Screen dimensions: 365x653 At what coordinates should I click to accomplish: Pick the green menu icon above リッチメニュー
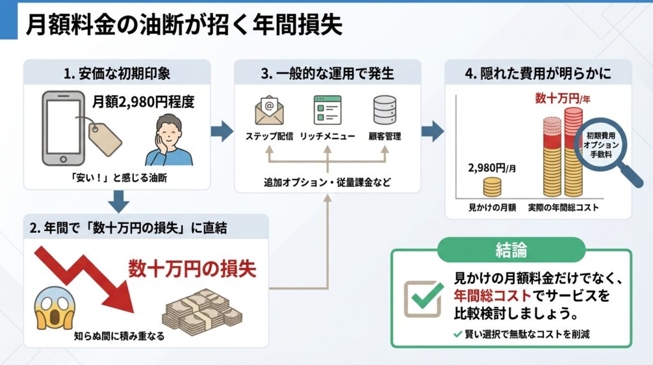(327, 110)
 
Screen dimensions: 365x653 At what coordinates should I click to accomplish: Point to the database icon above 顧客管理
(385, 110)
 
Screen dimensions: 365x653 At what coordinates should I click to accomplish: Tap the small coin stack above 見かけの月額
(492, 187)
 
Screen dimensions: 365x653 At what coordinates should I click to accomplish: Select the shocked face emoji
(53, 306)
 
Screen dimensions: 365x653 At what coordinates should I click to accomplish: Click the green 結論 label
(511, 250)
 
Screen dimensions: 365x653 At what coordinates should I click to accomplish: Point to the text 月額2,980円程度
(143, 101)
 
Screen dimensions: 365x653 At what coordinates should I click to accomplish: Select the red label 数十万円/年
(562, 98)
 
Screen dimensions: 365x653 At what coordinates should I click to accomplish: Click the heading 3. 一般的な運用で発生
(328, 73)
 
